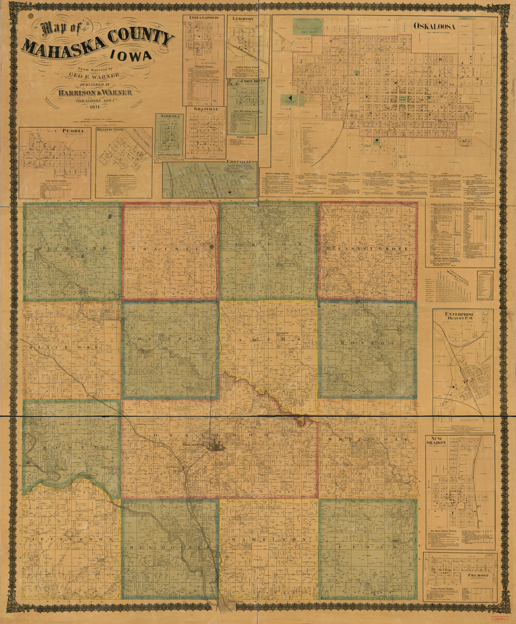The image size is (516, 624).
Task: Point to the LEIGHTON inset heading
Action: point(242,19)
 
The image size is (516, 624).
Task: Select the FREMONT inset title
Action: point(477,575)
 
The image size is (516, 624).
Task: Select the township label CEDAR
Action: point(367,547)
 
